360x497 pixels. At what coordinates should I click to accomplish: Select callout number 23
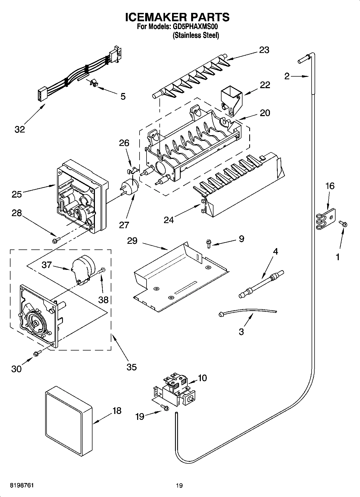pos(264,50)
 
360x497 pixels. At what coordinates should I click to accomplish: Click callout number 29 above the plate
pos(132,241)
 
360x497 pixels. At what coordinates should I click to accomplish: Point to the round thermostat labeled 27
pos(130,186)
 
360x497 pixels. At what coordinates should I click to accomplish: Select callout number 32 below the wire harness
pos(20,129)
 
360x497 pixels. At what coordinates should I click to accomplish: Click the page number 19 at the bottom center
pos(179,485)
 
